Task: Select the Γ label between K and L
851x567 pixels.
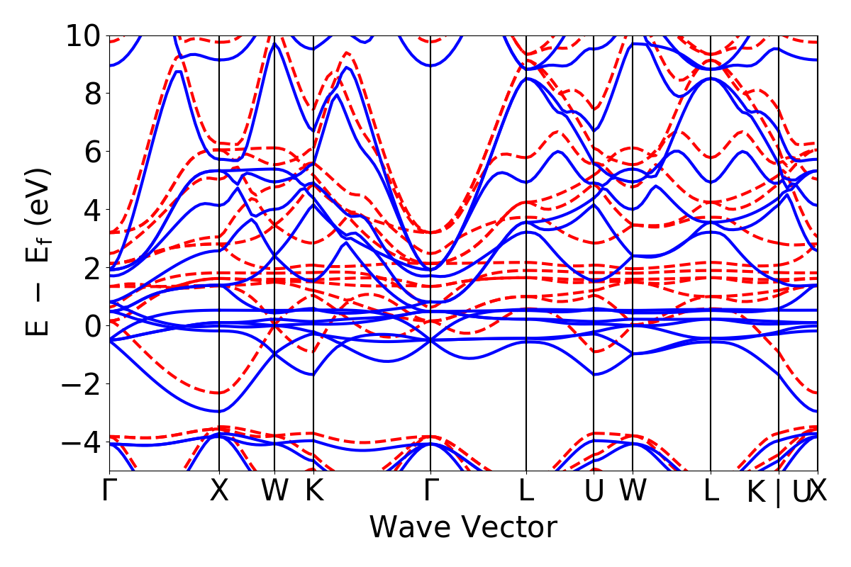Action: point(430,491)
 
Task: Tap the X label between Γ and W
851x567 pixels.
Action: point(219,491)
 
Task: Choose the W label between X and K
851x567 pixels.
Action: point(274,491)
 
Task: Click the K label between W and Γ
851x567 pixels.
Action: point(313,491)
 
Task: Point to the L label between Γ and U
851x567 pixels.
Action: point(526,491)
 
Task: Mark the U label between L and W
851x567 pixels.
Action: point(594,491)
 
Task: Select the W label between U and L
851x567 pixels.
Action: point(633,491)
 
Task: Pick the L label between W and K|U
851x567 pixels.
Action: point(711,491)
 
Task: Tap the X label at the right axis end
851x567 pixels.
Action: point(818,491)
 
